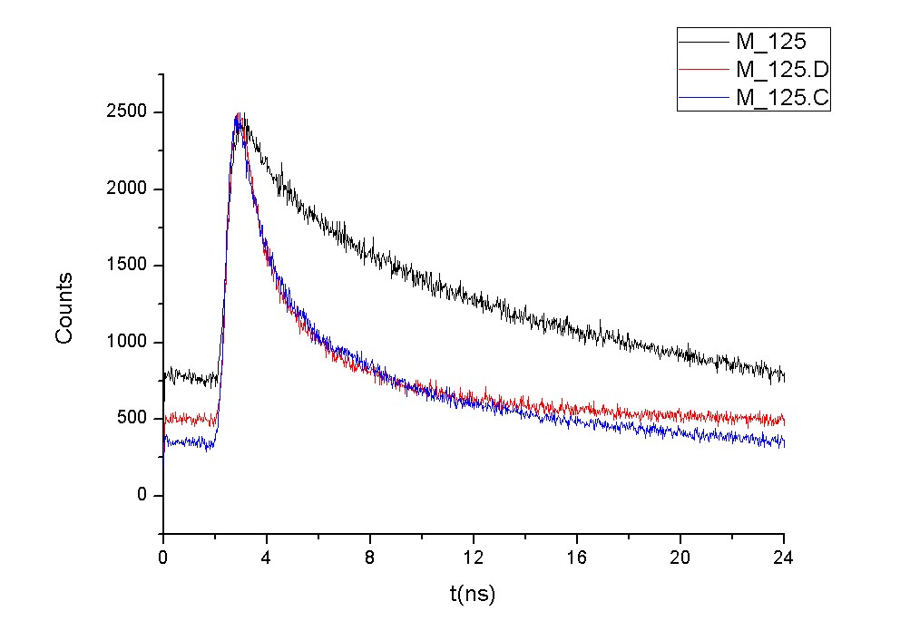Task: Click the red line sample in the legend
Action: click(705, 70)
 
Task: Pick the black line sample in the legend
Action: click(705, 42)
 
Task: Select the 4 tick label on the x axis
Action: click(267, 558)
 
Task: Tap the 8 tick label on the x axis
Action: click(370, 558)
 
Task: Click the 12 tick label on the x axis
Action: click(474, 558)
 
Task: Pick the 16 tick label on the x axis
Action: click(577, 558)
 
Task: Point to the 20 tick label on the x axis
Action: click(680, 558)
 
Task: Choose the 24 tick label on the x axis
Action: click(784, 558)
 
